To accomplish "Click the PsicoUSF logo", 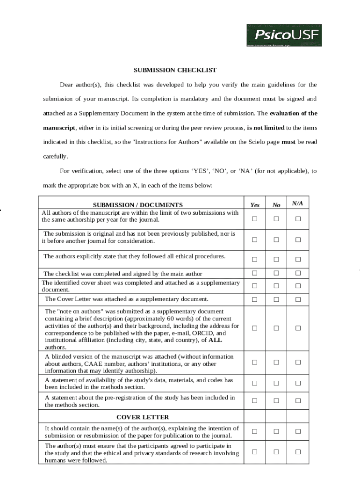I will [x=284, y=35].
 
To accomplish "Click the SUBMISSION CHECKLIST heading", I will [x=175, y=70].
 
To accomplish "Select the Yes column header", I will [x=255, y=205].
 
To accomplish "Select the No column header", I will [x=276, y=205].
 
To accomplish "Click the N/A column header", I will [x=297, y=203].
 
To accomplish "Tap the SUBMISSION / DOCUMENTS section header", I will [x=138, y=205].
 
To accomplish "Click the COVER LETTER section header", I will [x=143, y=417].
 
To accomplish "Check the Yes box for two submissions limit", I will [x=255, y=219].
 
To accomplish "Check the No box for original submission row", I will [x=276, y=240].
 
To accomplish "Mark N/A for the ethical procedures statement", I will [x=298, y=260].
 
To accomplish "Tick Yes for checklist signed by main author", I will [x=255, y=273].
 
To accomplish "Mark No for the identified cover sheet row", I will [x=276, y=286].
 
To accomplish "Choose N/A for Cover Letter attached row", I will [x=298, y=299].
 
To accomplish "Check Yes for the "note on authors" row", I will [x=255, y=328].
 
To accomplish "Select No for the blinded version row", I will [x=276, y=362].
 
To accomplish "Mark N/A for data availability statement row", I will [x=298, y=383].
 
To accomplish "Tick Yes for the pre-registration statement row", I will [x=255, y=400].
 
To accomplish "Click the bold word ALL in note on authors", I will [x=215, y=340].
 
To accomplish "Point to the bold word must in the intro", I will [x=288, y=142].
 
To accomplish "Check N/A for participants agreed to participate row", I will [x=298, y=451].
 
